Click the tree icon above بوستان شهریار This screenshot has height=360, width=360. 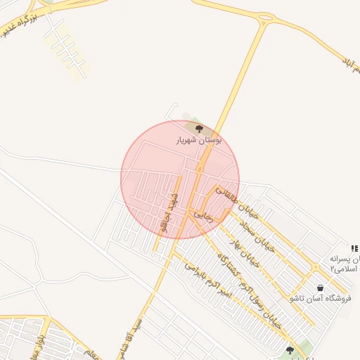[x=199, y=129]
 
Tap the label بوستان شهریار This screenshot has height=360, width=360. [x=199, y=141]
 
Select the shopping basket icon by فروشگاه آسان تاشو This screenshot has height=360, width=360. [x=321, y=288]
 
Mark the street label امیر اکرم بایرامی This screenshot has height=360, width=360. [x=208, y=280]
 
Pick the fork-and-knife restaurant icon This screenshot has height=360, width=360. [x=354, y=247]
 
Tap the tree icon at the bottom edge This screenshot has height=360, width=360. [x=289, y=349]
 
